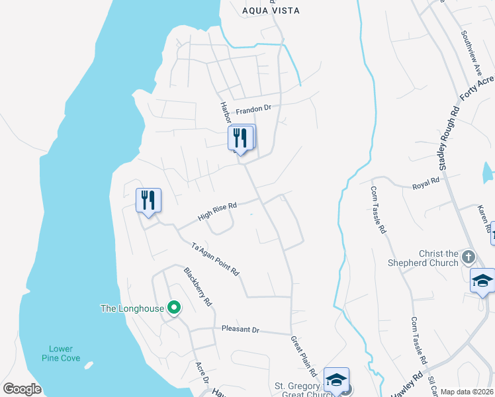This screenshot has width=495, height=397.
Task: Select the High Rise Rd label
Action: [217, 212]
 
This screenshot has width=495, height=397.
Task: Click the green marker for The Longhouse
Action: [174, 307]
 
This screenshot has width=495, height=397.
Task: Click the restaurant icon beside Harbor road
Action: [241, 138]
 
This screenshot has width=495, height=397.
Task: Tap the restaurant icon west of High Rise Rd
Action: [148, 200]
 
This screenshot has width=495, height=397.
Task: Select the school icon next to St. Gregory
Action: [337, 380]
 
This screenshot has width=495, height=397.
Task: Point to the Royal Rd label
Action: [426, 181]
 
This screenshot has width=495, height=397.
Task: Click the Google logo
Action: [22, 389]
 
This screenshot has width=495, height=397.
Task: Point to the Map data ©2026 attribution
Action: [467, 392]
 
